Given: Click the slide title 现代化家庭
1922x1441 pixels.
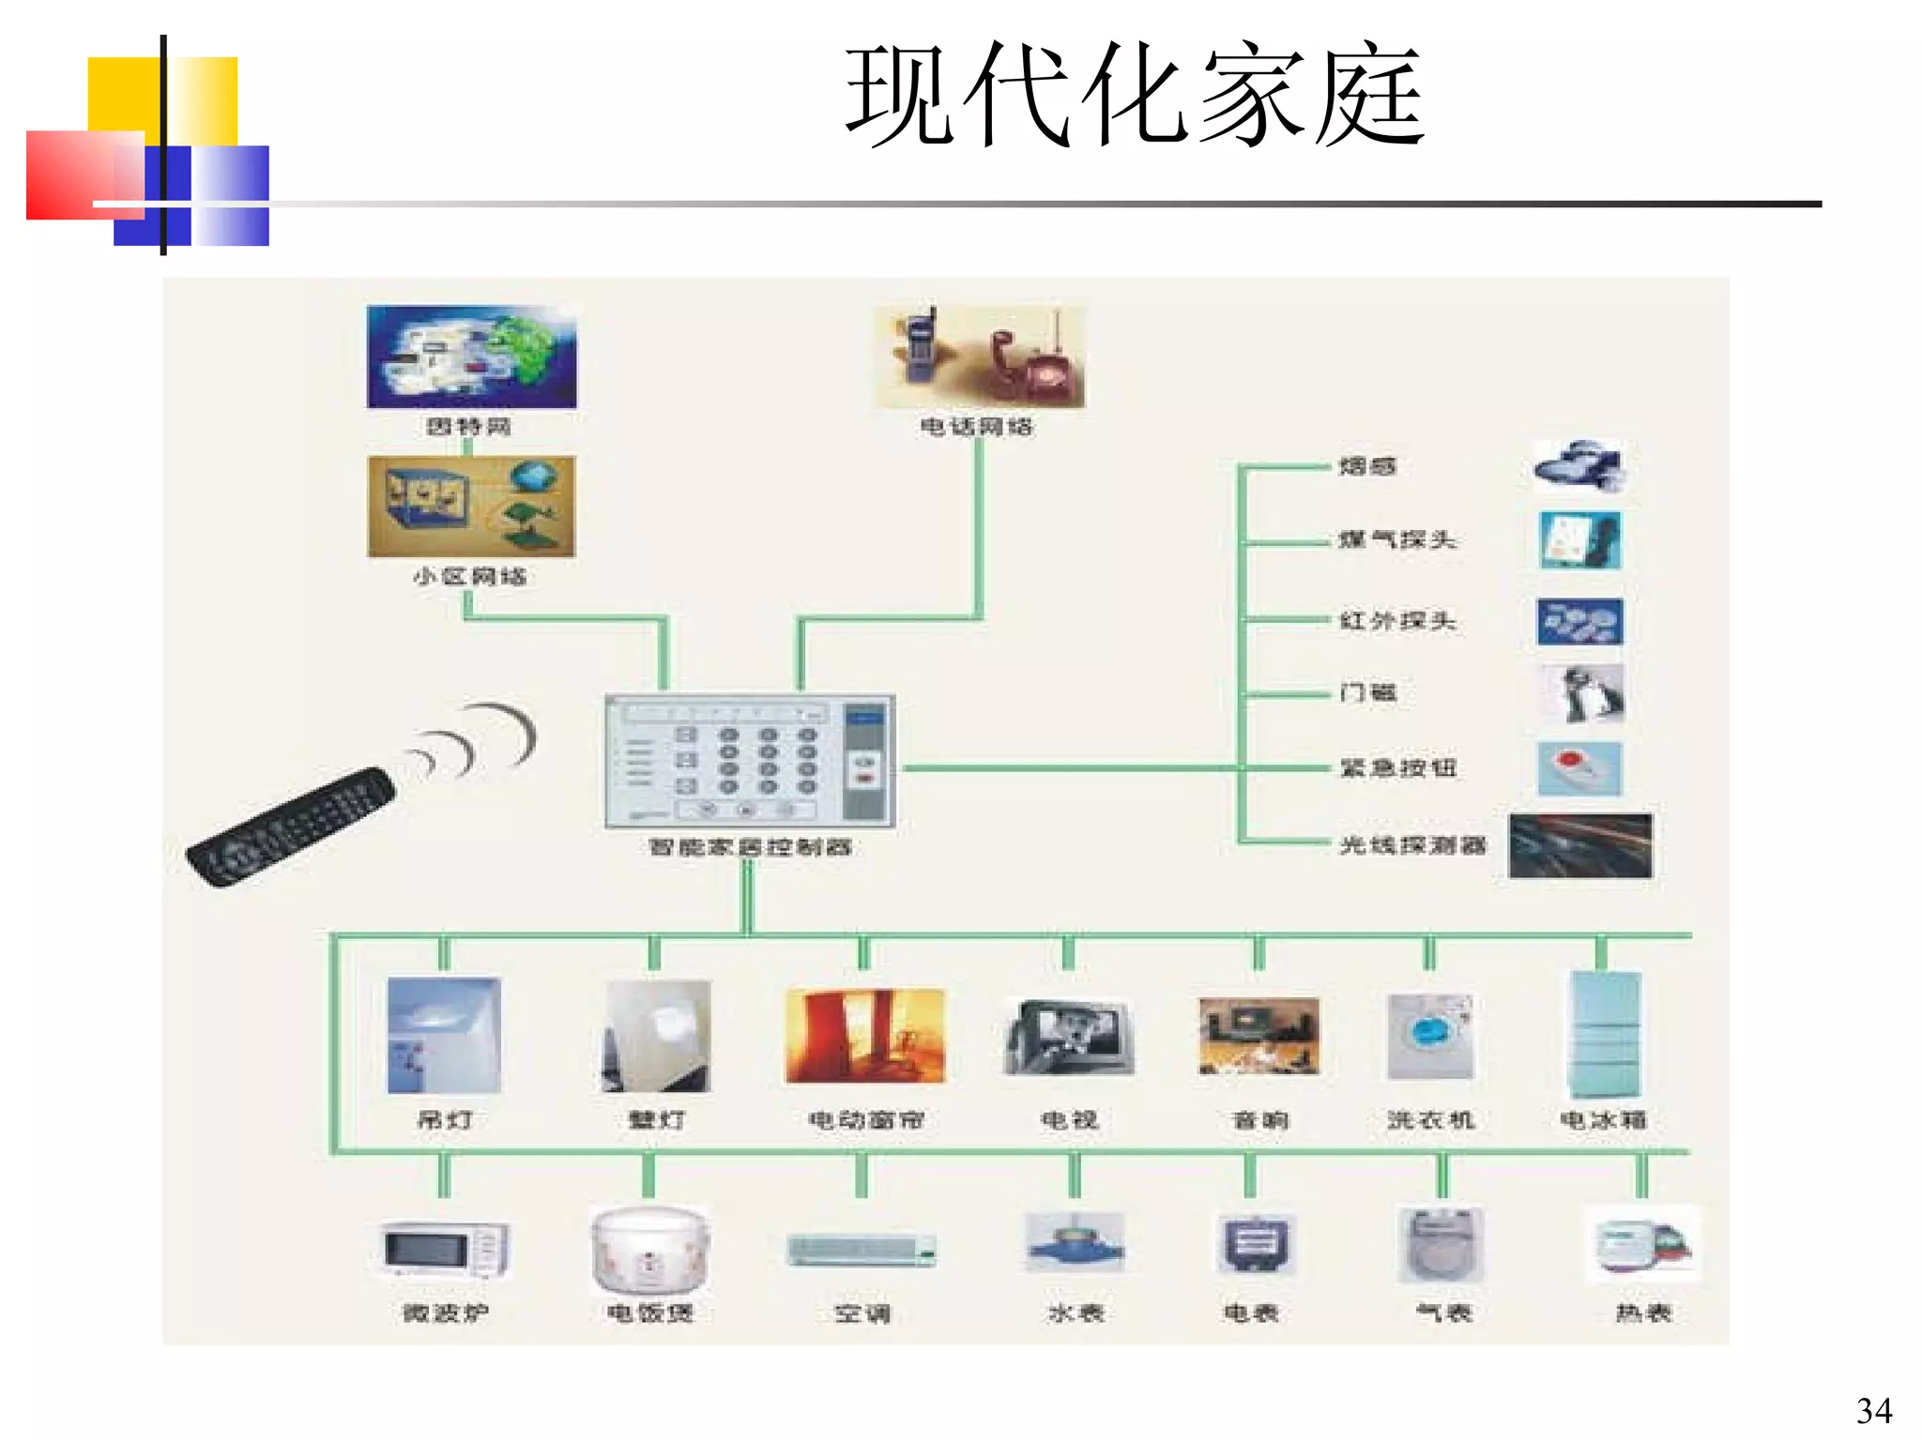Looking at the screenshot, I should [x=1134, y=95].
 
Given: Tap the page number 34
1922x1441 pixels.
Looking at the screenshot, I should [x=1873, y=1411].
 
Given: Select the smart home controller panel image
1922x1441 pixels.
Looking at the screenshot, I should [x=750, y=761].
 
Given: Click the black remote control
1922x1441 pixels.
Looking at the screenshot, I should [x=291, y=827].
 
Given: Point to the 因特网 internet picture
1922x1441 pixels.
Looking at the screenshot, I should [x=471, y=356].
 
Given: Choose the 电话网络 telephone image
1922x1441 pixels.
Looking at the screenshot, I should [x=979, y=357].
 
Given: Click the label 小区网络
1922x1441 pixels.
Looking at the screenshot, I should [x=469, y=576].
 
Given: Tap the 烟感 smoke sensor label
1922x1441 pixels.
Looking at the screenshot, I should [x=1366, y=466].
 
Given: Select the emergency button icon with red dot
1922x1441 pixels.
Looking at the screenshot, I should [x=1579, y=768].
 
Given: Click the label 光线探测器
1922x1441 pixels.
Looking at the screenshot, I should [x=1412, y=845].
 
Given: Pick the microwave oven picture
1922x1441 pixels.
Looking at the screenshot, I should [x=445, y=1249].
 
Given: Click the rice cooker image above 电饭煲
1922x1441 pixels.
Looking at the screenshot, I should [x=649, y=1249].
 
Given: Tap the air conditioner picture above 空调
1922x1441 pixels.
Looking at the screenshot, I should [x=862, y=1251].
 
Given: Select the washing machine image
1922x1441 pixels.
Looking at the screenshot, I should [x=1430, y=1037].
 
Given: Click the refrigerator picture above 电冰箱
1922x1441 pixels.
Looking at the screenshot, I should [x=1604, y=1035].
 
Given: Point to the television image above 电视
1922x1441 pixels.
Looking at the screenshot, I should [x=1069, y=1038].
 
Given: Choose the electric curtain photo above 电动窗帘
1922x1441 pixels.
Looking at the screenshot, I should [x=865, y=1036].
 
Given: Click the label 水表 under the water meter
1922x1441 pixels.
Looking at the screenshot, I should [x=1075, y=1312].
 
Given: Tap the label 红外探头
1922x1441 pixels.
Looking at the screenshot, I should [x=1396, y=620].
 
